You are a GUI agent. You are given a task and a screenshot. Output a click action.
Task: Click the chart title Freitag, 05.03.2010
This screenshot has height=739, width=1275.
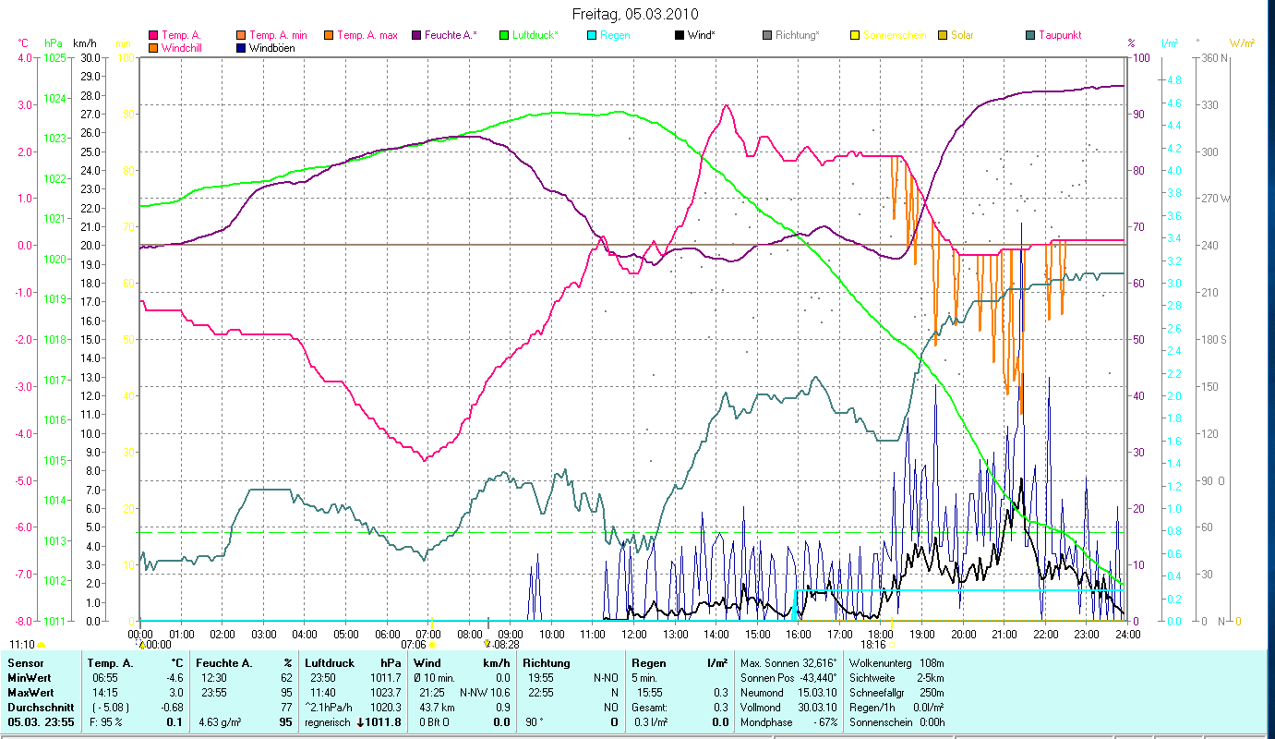635,14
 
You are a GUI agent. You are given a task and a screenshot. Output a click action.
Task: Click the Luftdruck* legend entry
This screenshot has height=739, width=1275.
535,35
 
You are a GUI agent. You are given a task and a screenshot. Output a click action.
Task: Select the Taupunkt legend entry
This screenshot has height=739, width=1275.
1059,35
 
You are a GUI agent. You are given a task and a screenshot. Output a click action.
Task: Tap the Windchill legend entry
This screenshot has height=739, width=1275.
186,47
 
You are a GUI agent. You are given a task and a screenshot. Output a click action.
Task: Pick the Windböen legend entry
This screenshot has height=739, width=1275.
271,47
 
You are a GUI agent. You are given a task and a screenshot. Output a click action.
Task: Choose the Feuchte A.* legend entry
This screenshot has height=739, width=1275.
451,35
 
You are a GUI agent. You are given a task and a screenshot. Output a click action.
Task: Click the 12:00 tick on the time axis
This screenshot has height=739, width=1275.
634,635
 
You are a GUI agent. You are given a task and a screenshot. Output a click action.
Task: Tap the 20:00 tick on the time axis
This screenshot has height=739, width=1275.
963,635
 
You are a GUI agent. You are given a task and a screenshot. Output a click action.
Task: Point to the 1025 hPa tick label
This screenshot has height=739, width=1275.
54,58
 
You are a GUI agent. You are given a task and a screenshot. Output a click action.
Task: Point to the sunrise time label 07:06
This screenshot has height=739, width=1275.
414,645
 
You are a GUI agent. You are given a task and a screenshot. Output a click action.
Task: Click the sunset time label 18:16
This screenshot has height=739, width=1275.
873,645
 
